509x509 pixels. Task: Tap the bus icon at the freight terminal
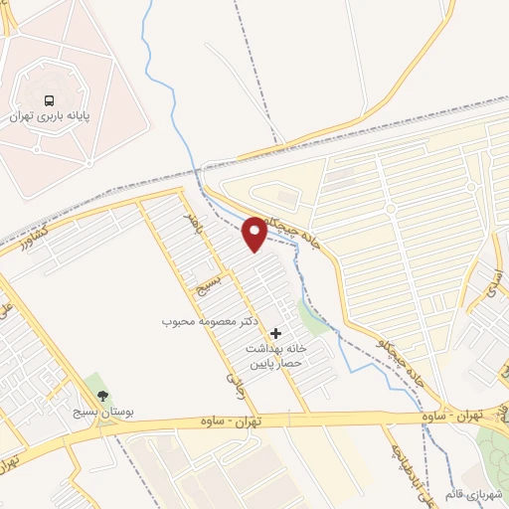pyautogui.click(x=49, y=99)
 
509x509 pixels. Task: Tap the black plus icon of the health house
pyautogui.click(x=275, y=332)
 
